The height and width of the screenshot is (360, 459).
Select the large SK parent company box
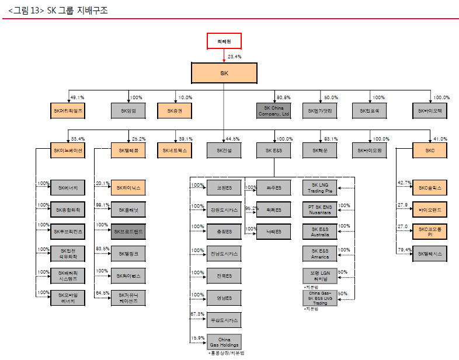(224, 74)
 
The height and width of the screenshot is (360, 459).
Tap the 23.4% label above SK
(234, 57)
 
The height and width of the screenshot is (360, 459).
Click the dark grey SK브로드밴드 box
(128, 232)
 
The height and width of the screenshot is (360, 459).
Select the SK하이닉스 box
(128, 188)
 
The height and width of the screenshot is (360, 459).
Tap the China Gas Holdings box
(224, 341)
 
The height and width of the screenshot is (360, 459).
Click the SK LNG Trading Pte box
(320, 188)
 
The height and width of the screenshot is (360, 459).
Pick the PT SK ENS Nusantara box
(320, 210)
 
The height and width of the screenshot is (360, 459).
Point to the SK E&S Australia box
(320, 232)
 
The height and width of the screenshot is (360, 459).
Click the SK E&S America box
(320, 254)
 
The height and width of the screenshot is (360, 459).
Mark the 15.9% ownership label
(197, 338)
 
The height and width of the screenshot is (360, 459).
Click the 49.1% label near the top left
(77, 97)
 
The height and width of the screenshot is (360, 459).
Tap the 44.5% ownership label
(232, 139)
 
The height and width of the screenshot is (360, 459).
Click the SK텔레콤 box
(128, 151)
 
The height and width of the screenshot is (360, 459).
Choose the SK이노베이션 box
(68, 151)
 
